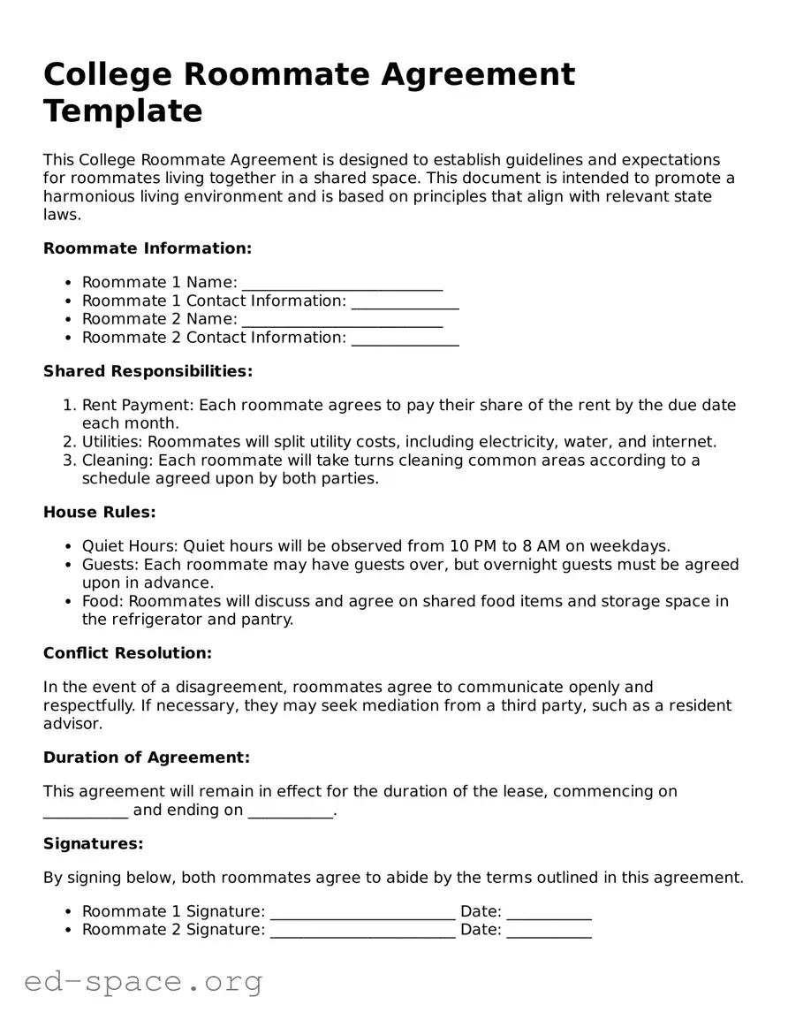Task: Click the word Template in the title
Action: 123,111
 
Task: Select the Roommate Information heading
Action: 148,248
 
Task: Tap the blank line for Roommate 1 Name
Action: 342,284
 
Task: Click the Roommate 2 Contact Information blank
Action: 405,339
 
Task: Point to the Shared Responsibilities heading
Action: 148,371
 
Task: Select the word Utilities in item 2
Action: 111,442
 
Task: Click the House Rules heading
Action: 99,512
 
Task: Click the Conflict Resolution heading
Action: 127,653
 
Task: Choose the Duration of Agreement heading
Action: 147,757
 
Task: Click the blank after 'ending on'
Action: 291,811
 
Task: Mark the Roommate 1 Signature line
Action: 362,913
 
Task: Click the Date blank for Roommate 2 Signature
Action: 549,932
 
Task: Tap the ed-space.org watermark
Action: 143,981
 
